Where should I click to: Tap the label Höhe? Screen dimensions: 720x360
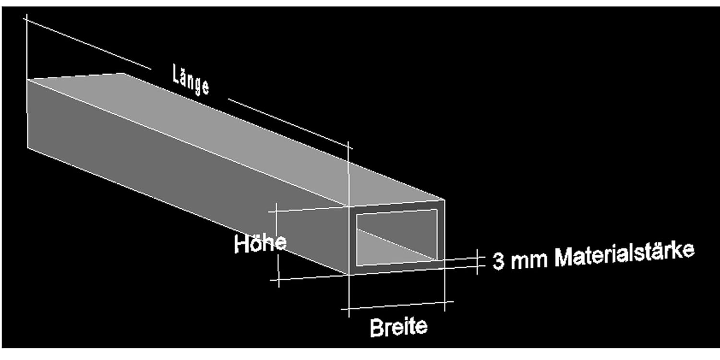point(260,243)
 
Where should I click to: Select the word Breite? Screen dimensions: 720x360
point(398,327)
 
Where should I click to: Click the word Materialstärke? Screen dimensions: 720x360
point(624,254)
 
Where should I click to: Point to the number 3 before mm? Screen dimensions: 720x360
point(498,262)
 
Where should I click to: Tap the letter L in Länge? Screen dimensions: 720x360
point(177,73)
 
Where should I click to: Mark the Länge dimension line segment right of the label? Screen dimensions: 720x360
point(288,122)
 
